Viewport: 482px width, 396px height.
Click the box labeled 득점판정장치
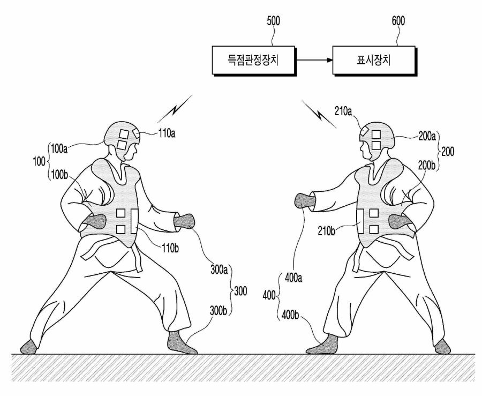tap(254, 61)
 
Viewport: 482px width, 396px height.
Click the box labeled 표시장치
tap(374, 61)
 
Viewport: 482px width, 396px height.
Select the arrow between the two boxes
tap(314, 60)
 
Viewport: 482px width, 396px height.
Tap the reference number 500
tap(273, 21)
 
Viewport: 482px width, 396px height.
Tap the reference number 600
tap(398, 21)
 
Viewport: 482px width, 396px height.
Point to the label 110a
tap(167, 133)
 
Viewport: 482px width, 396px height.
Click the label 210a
tap(343, 111)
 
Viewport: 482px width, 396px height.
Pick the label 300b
tap(219, 311)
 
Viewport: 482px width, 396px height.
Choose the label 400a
tap(293, 278)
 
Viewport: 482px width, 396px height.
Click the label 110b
tap(170, 248)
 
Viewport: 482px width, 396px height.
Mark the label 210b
tap(326, 231)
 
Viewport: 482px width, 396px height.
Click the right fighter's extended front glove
tap(305, 201)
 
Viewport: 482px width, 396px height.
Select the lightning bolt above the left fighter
tap(175, 109)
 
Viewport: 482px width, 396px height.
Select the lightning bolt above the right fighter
tap(320, 114)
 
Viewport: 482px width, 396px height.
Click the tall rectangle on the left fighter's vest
tap(134, 221)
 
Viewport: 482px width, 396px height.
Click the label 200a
tap(427, 137)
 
